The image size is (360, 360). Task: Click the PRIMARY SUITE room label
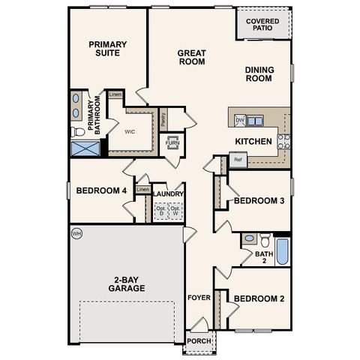pyautogui.click(x=108, y=49)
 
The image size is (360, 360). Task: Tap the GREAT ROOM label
pyautogui.click(x=191, y=57)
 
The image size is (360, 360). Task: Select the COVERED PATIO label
pyautogui.click(x=263, y=25)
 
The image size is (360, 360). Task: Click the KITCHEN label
pyautogui.click(x=253, y=141)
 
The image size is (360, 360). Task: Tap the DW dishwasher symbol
pyautogui.click(x=240, y=119)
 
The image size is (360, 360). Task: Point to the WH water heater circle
pyautogui.click(x=76, y=234)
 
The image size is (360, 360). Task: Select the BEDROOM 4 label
pyautogui.click(x=102, y=190)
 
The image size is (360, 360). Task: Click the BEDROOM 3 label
pyautogui.click(x=259, y=201)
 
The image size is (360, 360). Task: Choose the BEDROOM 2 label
pyautogui.click(x=259, y=298)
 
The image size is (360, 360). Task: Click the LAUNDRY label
pyautogui.click(x=169, y=193)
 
